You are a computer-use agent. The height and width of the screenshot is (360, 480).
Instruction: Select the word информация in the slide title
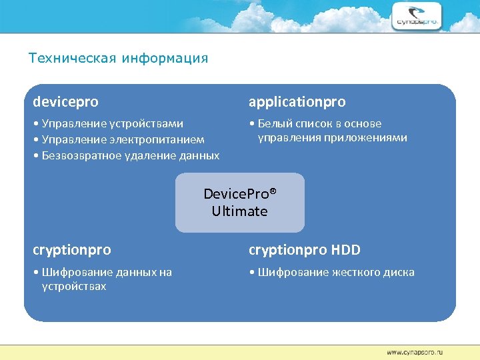(165, 58)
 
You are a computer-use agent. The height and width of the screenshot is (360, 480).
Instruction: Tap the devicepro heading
(65, 102)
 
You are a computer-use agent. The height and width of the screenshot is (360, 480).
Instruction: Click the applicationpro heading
(297, 102)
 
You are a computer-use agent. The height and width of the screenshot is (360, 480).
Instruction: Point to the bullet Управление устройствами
(108, 123)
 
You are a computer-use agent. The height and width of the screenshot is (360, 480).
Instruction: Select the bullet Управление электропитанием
(119, 139)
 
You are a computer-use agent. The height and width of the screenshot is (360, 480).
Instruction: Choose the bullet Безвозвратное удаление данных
(126, 155)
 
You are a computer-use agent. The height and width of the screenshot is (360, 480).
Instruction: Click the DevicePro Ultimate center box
(239, 203)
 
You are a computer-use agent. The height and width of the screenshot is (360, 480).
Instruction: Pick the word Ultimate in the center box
(239, 211)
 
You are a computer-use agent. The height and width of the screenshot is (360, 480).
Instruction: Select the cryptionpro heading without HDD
(72, 250)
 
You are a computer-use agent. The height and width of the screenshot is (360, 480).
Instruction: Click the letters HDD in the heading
(345, 250)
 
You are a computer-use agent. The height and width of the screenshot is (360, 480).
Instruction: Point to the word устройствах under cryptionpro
(73, 287)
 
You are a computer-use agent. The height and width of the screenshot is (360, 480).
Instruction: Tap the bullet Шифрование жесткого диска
(331, 272)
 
